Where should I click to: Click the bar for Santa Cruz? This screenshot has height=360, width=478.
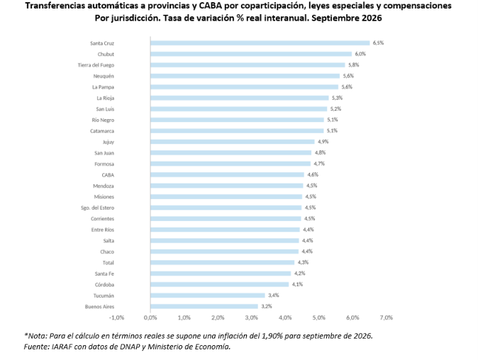click(x=260, y=43)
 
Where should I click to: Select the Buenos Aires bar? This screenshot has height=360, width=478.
click(x=204, y=306)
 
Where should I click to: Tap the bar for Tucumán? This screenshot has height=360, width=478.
click(x=208, y=296)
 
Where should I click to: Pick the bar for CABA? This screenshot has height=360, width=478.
click(x=227, y=175)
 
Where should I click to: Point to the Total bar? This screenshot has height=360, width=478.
click(x=223, y=262)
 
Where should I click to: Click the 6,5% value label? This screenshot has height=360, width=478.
click(x=378, y=43)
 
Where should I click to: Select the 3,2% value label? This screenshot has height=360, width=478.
click(x=267, y=306)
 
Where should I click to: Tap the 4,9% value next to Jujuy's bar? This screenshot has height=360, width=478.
click(x=323, y=142)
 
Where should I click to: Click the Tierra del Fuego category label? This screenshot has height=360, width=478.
click(x=96, y=65)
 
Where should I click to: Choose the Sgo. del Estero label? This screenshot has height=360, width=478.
click(x=97, y=208)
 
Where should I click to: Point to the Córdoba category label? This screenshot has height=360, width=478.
click(x=104, y=285)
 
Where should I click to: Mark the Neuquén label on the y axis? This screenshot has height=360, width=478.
click(x=104, y=76)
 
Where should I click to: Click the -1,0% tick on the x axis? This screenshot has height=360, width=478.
click(x=117, y=317)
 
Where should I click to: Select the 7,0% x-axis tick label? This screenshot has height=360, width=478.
click(x=387, y=317)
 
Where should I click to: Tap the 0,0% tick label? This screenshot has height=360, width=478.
click(x=150, y=317)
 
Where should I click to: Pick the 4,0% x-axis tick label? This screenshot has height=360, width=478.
click(x=285, y=317)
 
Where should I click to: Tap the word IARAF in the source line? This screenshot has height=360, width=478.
click(x=62, y=347)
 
